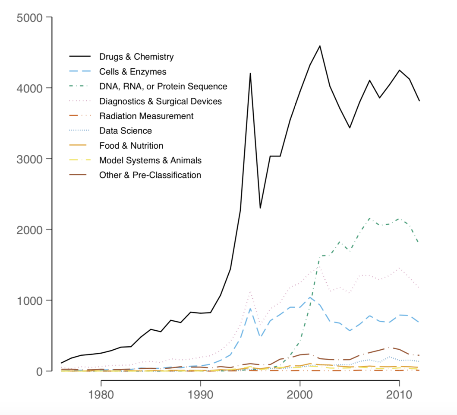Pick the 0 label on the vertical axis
point(38,371)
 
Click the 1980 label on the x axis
point(101,396)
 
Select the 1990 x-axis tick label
point(200,396)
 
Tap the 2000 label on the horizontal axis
point(300,396)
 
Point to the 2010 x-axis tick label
point(399,396)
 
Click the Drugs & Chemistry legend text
point(136,57)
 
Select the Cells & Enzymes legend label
point(132,71)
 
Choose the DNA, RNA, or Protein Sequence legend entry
point(163,86)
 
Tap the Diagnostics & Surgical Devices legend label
point(160,101)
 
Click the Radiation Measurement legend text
point(146,116)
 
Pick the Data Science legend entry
point(125,131)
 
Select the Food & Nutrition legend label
point(131,146)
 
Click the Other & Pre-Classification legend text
point(150,175)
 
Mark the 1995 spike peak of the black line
point(250,73)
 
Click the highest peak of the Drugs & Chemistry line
point(320,46)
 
